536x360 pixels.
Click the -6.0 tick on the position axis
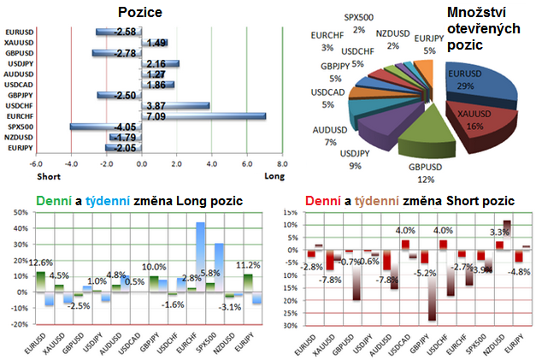[35, 165]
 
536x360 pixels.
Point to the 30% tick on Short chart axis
[292, 326]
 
